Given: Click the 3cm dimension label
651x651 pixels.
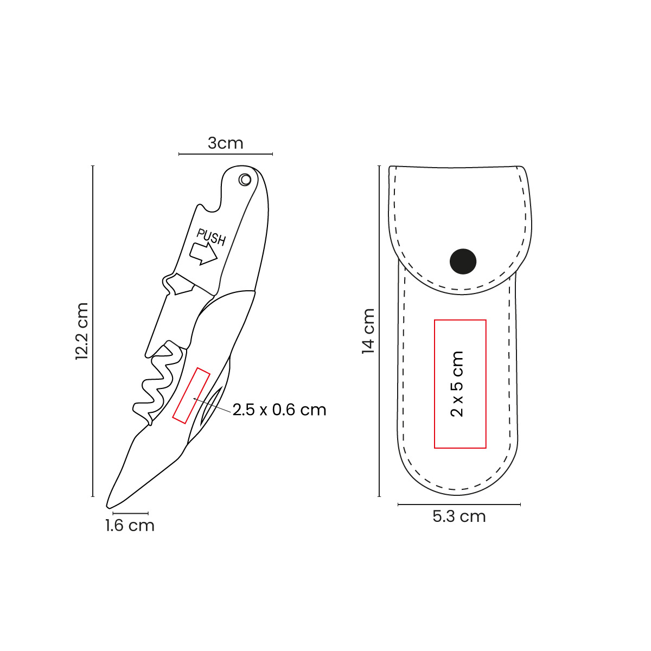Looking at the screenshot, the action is click(225, 143).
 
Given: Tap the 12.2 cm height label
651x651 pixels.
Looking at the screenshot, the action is click(82, 331).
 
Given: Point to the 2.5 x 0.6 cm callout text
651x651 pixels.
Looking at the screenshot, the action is click(279, 410).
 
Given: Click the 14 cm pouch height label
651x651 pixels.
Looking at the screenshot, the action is click(368, 331).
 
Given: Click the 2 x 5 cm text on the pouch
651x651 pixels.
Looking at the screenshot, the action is click(457, 384).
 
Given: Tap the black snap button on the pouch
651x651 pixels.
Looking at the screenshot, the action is click(463, 261).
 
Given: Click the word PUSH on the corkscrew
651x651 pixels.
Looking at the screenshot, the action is click(211, 237).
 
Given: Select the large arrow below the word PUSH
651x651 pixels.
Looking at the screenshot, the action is click(203, 254).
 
